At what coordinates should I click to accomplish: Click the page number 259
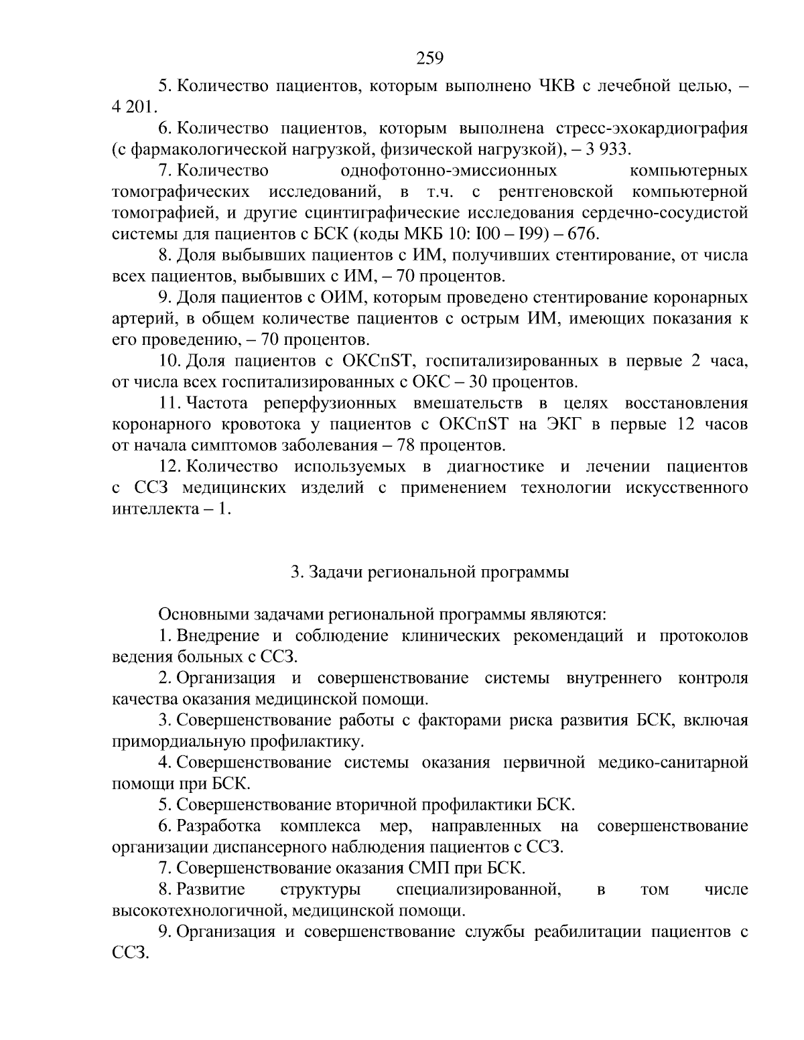tap(429, 59)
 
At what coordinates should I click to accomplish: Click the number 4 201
tap(133, 106)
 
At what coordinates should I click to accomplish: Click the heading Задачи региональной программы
tap(429, 573)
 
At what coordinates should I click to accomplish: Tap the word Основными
tap(200, 614)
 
